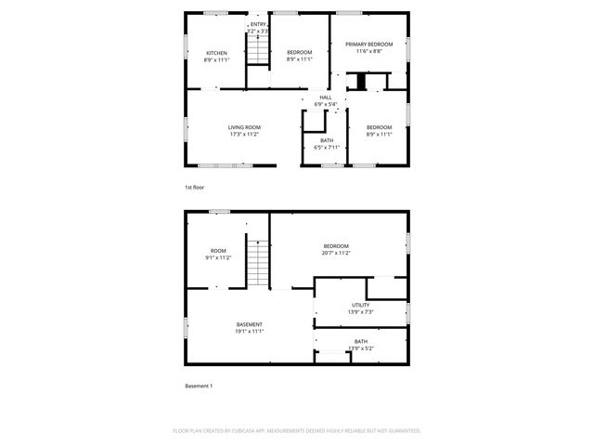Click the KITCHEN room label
click(x=216, y=53)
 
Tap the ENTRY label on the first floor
click(x=257, y=24)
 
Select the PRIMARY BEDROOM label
click(x=368, y=44)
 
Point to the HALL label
click(x=325, y=98)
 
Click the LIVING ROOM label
click(x=244, y=127)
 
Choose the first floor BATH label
click(x=327, y=140)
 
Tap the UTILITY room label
click(x=360, y=305)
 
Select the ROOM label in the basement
click(x=218, y=250)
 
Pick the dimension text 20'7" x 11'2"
click(x=335, y=253)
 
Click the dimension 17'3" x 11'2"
click(x=244, y=134)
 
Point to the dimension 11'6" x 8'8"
click(x=368, y=51)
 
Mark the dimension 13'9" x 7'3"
click(x=360, y=312)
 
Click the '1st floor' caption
click(x=194, y=188)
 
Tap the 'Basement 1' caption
click(x=198, y=386)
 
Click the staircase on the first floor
click(x=258, y=52)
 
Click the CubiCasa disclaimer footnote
click(x=297, y=430)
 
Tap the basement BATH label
click(x=360, y=341)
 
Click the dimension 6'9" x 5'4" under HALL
click(x=325, y=104)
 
